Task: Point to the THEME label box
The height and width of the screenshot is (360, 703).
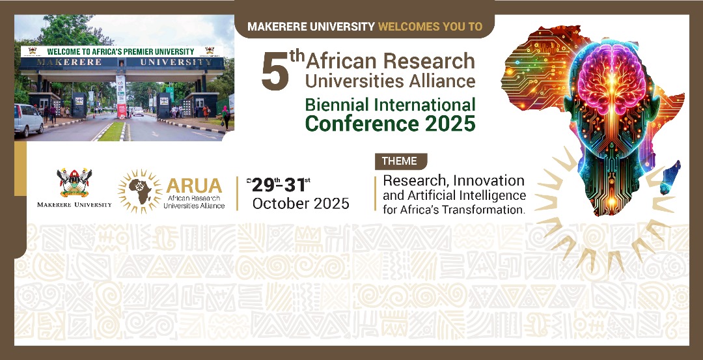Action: [x=400, y=161]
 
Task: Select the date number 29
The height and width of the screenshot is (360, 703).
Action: [x=263, y=185]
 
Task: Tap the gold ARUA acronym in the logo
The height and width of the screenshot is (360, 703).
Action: [x=195, y=185]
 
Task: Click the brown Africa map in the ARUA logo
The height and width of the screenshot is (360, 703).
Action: [x=140, y=191]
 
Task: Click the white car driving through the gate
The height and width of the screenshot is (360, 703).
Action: [x=137, y=111]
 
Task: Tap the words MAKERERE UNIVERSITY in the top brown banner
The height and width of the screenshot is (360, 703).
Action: [x=311, y=27]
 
